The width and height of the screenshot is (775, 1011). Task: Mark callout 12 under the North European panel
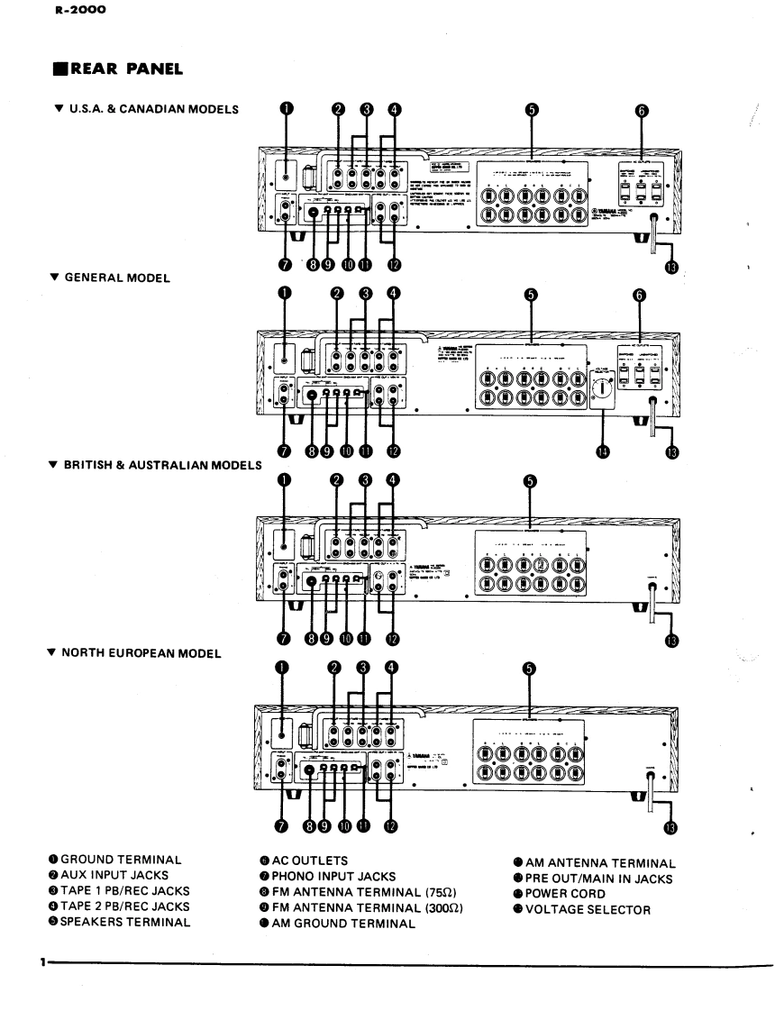tap(389, 825)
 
